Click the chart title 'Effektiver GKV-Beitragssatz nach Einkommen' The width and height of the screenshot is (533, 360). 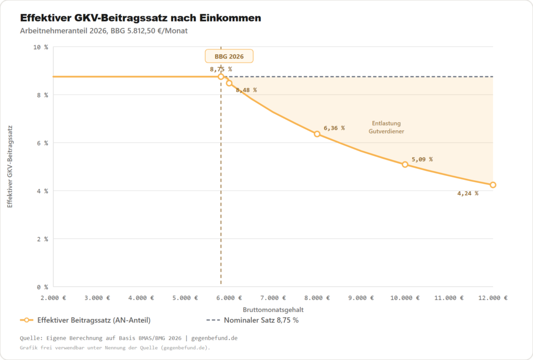point(141,18)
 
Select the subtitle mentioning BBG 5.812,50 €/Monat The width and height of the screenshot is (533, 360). point(104,31)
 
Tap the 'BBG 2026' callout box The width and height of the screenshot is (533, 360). point(229,56)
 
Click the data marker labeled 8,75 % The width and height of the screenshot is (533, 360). point(221,77)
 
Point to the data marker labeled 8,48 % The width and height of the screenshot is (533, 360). point(229,83)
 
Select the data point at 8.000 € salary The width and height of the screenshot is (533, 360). point(317,134)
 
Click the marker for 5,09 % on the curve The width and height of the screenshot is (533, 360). point(405,165)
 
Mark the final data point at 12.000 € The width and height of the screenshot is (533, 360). point(493,185)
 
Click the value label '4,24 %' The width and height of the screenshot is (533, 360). point(467,193)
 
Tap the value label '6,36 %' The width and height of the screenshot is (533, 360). point(334,128)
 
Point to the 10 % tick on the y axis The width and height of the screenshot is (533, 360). point(41,47)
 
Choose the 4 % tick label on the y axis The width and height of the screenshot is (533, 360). point(42,191)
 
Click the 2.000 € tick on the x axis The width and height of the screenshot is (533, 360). point(53,298)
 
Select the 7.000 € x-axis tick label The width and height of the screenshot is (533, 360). point(273,298)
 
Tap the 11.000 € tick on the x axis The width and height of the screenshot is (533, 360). point(449,298)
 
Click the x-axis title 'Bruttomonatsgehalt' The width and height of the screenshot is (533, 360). point(273,309)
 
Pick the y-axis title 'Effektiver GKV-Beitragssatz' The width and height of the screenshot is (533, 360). point(10,167)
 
